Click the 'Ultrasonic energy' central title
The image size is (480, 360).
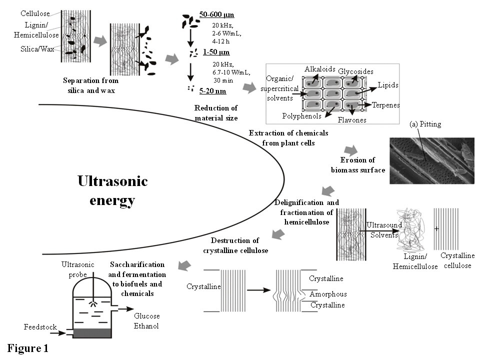112,190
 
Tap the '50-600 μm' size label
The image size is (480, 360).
216,14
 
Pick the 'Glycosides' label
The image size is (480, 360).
355,71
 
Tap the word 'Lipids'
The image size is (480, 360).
388,85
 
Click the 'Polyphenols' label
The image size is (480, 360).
301,115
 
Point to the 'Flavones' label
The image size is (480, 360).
352,120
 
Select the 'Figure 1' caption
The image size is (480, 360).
28,348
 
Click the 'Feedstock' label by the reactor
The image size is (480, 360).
40,327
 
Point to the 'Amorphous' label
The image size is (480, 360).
327,294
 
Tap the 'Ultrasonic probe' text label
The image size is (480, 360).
74,269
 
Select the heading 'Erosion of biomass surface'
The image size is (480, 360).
357,165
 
